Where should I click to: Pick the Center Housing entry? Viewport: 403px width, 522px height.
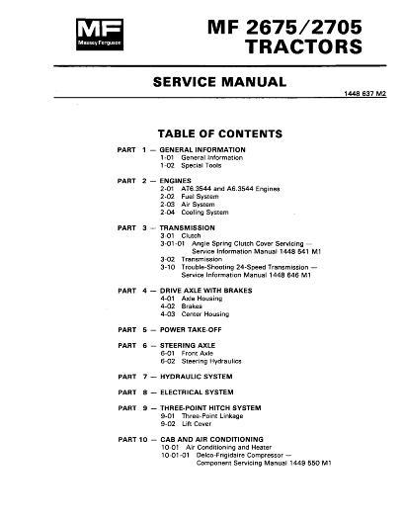pos(205,314)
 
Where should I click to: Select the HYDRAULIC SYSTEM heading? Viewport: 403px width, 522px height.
pos(202,377)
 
